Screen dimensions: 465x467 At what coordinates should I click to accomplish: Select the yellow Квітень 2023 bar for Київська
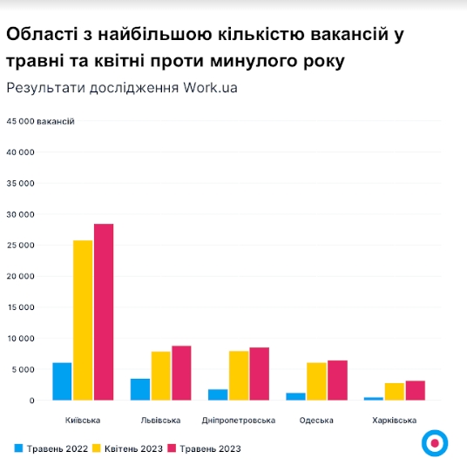click(x=83, y=320)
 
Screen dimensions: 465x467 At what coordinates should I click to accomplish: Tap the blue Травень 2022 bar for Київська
click(x=62, y=381)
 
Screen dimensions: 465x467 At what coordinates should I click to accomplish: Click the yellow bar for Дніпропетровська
click(x=239, y=375)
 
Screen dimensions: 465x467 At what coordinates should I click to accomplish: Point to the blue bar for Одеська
click(x=295, y=396)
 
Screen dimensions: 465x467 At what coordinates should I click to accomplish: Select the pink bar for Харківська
click(x=415, y=390)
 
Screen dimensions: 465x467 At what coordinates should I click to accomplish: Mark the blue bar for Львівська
click(x=140, y=389)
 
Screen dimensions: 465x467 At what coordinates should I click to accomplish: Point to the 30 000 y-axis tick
click(x=19, y=214)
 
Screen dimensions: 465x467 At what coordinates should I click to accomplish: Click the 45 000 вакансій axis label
click(x=40, y=121)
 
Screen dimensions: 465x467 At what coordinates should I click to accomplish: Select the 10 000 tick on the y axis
click(x=19, y=338)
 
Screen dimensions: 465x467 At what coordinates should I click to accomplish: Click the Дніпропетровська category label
click(x=238, y=420)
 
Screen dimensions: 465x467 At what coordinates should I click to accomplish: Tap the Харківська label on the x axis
click(x=394, y=420)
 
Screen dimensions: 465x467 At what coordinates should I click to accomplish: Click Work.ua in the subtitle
click(x=210, y=88)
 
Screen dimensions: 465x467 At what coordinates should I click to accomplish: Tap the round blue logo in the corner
click(x=433, y=442)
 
